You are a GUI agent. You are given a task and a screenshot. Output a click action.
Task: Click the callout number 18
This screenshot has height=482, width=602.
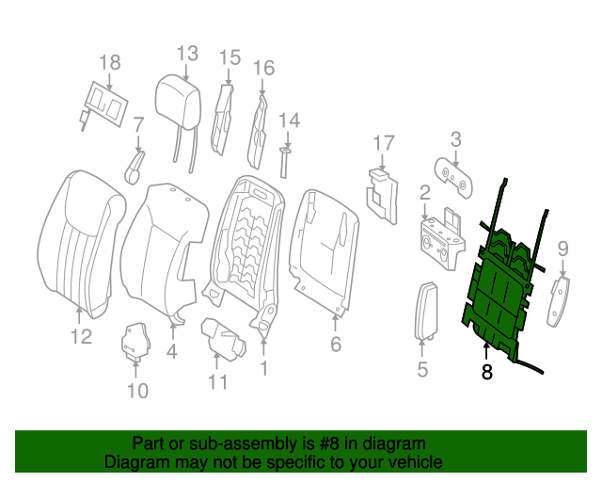point(110,63)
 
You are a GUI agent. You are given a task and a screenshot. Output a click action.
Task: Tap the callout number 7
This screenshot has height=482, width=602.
point(138,124)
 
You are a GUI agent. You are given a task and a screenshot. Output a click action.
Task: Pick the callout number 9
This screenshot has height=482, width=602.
point(563,249)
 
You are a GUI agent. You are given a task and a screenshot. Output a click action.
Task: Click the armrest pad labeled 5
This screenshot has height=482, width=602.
point(424,311)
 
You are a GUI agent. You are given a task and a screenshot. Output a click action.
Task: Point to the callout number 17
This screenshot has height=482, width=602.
point(383,143)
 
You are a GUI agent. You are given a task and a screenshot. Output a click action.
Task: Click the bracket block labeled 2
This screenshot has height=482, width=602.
point(440,235)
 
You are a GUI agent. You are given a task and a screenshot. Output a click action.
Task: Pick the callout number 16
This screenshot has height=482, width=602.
point(263,68)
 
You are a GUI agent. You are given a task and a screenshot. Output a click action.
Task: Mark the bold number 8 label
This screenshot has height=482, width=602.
point(486,373)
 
